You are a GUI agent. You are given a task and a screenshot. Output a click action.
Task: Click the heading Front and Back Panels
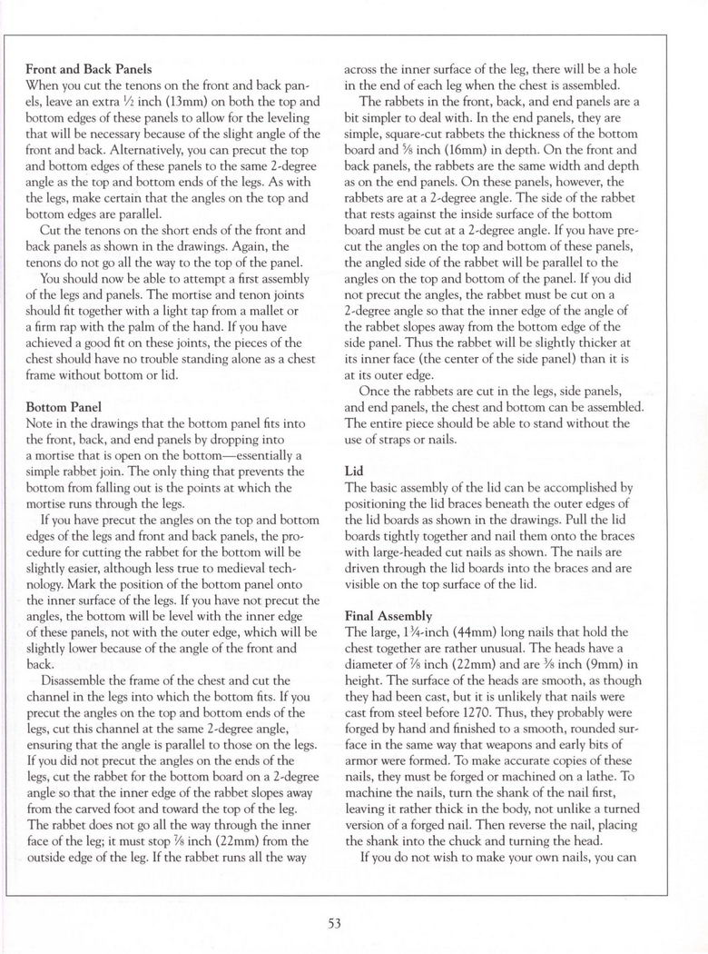tap(88, 66)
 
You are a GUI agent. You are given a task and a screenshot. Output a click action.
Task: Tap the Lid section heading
tap(353, 472)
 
